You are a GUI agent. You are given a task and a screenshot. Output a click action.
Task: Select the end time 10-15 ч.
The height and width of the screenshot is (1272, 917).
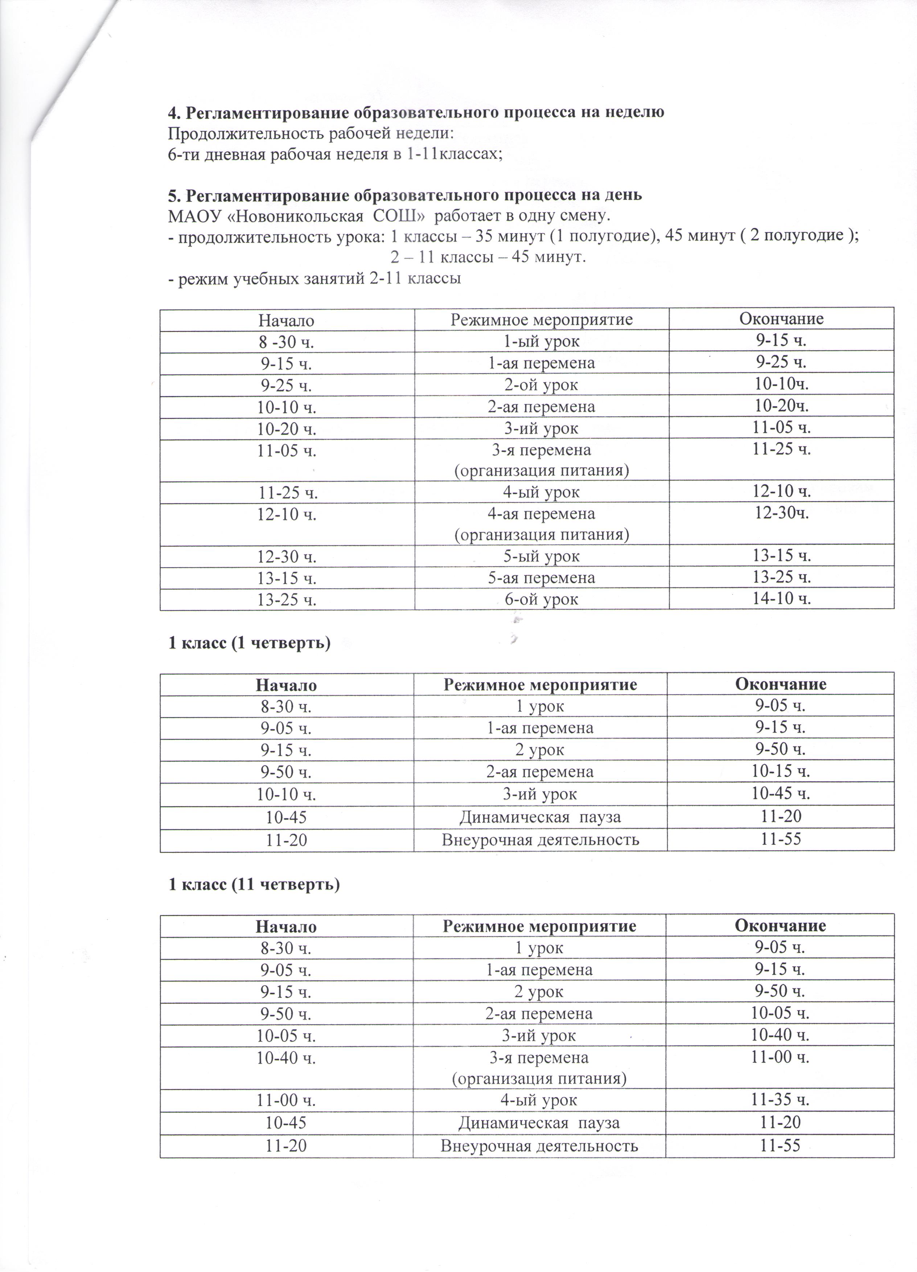click(780, 772)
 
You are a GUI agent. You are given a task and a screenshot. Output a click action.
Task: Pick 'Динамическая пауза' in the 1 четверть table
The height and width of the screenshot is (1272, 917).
click(540, 816)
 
